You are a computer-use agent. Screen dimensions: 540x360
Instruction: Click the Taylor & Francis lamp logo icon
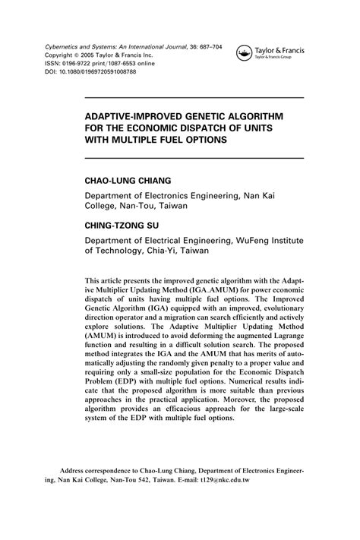[x=245, y=52]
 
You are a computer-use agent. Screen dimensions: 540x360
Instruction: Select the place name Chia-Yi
[x=155, y=249]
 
